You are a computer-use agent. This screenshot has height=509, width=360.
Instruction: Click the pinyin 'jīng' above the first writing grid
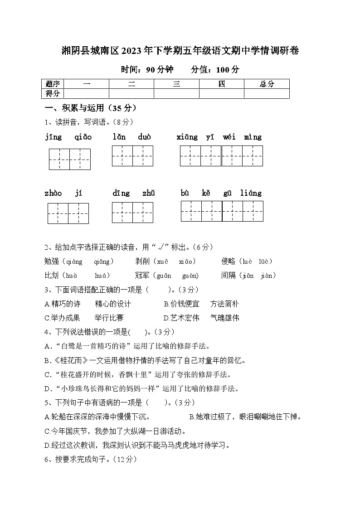[54, 137]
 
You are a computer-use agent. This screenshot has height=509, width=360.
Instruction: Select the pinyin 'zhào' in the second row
[53, 194]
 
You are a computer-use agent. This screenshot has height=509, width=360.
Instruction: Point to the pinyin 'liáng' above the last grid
[251, 194]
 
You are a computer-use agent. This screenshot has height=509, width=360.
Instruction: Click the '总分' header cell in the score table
[267, 84]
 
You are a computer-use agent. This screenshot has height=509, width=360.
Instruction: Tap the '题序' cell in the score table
[53, 84]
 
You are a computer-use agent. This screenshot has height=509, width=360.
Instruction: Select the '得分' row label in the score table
[53, 93]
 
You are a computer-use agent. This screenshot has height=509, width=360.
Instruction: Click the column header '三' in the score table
[176, 84]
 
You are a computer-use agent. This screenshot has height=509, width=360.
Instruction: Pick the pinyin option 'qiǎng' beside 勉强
[103, 262]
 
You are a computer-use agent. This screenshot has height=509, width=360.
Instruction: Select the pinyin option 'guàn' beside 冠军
[190, 276]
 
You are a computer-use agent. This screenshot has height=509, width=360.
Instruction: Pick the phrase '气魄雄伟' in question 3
[225, 318]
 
